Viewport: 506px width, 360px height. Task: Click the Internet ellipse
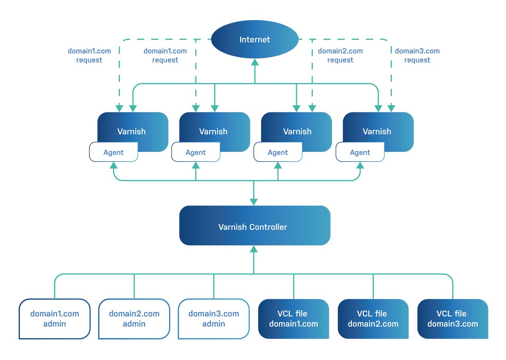[x=255, y=39]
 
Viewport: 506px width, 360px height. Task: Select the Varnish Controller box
[x=255, y=226]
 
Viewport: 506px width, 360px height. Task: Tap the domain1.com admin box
[x=55, y=319]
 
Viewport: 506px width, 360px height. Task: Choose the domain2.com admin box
[x=134, y=319]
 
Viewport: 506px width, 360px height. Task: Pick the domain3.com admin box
[x=214, y=319]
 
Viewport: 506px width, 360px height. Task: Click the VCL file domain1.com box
[x=293, y=319]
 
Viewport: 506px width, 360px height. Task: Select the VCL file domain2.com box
[x=373, y=319]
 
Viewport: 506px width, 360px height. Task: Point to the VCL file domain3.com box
[x=453, y=319]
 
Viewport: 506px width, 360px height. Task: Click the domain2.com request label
[x=340, y=55]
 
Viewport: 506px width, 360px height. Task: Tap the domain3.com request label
[x=417, y=55]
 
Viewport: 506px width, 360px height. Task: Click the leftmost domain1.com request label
[x=89, y=55]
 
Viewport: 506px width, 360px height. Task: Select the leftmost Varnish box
[x=132, y=132]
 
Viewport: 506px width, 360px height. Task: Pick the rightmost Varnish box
[x=378, y=132]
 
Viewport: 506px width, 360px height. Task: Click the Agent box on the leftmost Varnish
[x=114, y=152]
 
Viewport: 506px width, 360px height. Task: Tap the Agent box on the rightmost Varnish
[x=360, y=152]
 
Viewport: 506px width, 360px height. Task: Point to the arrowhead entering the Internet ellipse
[x=255, y=62]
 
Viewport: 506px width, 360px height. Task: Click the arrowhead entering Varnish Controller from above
[x=254, y=202]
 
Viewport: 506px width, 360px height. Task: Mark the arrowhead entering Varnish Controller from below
[x=254, y=249]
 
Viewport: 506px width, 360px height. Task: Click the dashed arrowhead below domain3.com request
[x=391, y=108]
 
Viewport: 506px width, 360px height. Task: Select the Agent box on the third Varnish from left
[x=278, y=152]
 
